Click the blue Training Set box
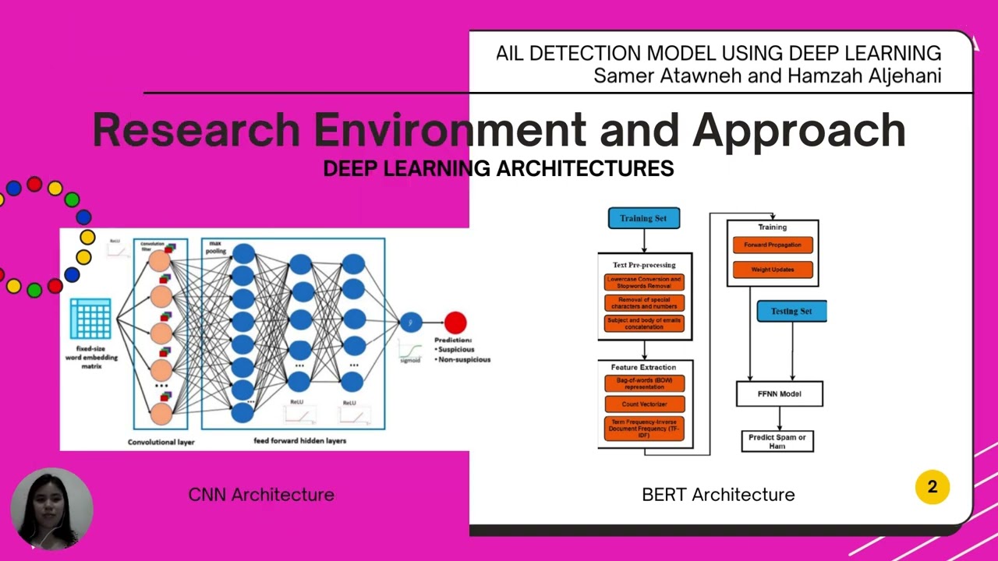click(x=643, y=218)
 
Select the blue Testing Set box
click(x=791, y=311)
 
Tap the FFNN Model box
click(x=779, y=393)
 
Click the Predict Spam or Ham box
click(x=777, y=441)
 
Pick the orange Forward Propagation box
click(x=772, y=245)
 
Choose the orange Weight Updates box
click(x=772, y=270)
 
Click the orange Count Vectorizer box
click(x=644, y=404)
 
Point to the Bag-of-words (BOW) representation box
click(x=644, y=383)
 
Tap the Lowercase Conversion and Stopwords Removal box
click(x=644, y=282)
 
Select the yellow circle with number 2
click(x=932, y=487)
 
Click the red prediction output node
click(x=455, y=322)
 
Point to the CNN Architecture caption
click(x=261, y=494)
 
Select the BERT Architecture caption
click(x=718, y=494)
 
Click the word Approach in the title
click(x=799, y=129)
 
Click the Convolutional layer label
click(x=161, y=442)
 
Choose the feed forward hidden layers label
click(x=300, y=441)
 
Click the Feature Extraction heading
click(x=644, y=367)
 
